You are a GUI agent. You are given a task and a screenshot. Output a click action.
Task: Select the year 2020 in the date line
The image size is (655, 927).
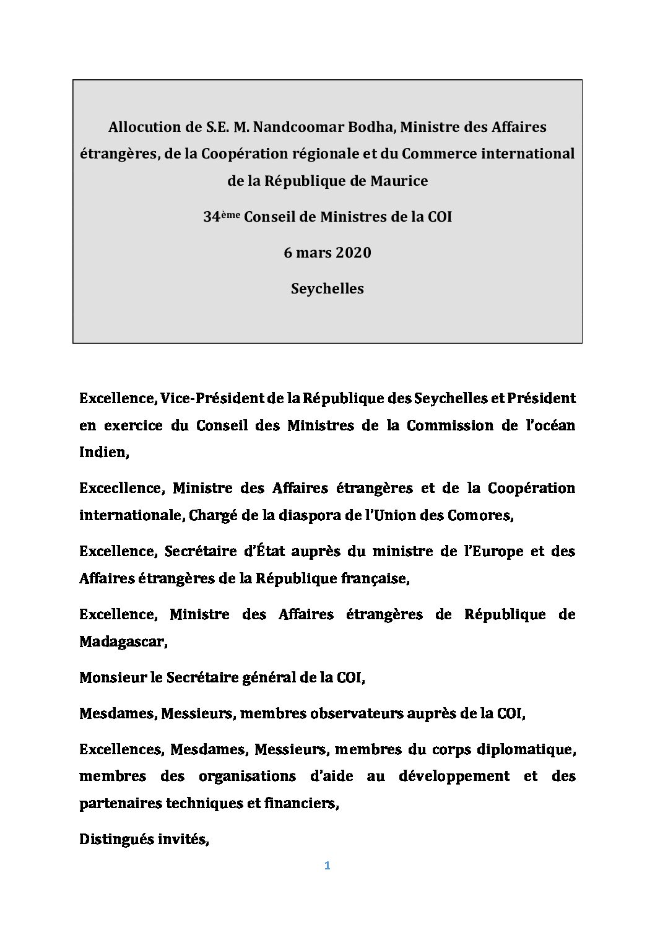point(352,253)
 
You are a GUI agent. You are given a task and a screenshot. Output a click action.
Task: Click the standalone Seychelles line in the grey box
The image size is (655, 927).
point(327,289)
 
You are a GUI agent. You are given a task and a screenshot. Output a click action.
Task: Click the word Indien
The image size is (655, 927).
point(103,452)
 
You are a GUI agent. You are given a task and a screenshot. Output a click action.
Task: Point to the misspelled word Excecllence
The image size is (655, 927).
point(121,488)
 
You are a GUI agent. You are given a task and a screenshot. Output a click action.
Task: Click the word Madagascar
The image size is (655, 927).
point(123,642)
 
